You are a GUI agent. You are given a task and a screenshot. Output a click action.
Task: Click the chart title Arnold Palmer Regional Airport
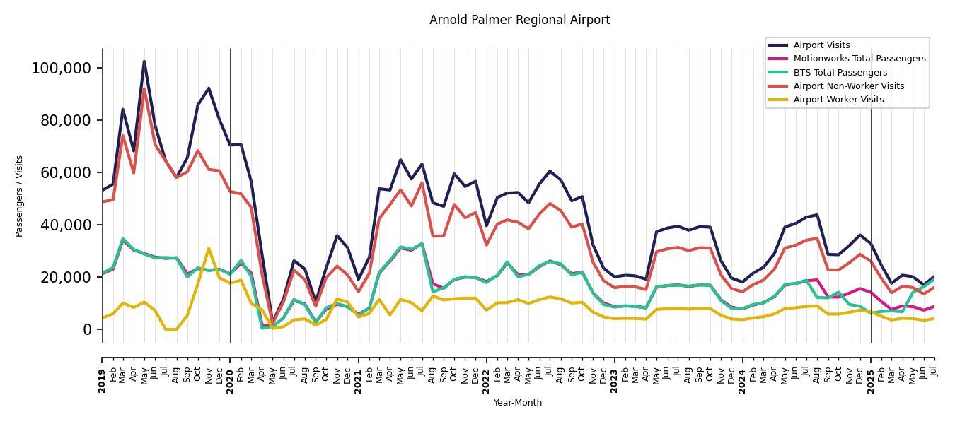[519, 20]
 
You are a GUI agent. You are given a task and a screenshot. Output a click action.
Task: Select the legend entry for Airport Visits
[821, 45]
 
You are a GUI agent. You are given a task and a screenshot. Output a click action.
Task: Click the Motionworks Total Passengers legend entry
[859, 59]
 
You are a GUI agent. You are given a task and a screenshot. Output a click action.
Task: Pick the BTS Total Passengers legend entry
[840, 73]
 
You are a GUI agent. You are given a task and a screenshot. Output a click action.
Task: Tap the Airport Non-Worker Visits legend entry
[848, 86]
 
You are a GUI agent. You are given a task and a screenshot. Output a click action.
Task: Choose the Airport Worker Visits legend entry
[838, 100]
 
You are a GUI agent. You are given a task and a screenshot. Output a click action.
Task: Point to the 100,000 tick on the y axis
[61, 69]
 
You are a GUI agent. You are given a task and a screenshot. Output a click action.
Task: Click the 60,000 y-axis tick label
[64, 173]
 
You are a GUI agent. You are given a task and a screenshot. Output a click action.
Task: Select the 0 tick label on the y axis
[86, 330]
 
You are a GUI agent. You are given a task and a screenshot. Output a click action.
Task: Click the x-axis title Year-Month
[518, 403]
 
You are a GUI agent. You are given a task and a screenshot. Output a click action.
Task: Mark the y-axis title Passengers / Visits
[20, 196]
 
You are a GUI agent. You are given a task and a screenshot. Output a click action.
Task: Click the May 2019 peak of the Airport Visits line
[144, 61]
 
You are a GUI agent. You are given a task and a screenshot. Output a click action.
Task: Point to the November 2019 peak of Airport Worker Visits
[209, 248]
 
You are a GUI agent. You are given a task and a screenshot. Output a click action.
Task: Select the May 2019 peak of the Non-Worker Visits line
[144, 88]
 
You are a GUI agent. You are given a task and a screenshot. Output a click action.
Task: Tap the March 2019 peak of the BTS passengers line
[123, 239]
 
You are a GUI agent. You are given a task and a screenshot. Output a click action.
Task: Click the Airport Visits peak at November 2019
[209, 88]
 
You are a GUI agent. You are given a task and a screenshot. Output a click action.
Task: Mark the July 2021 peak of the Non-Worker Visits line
[422, 183]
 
